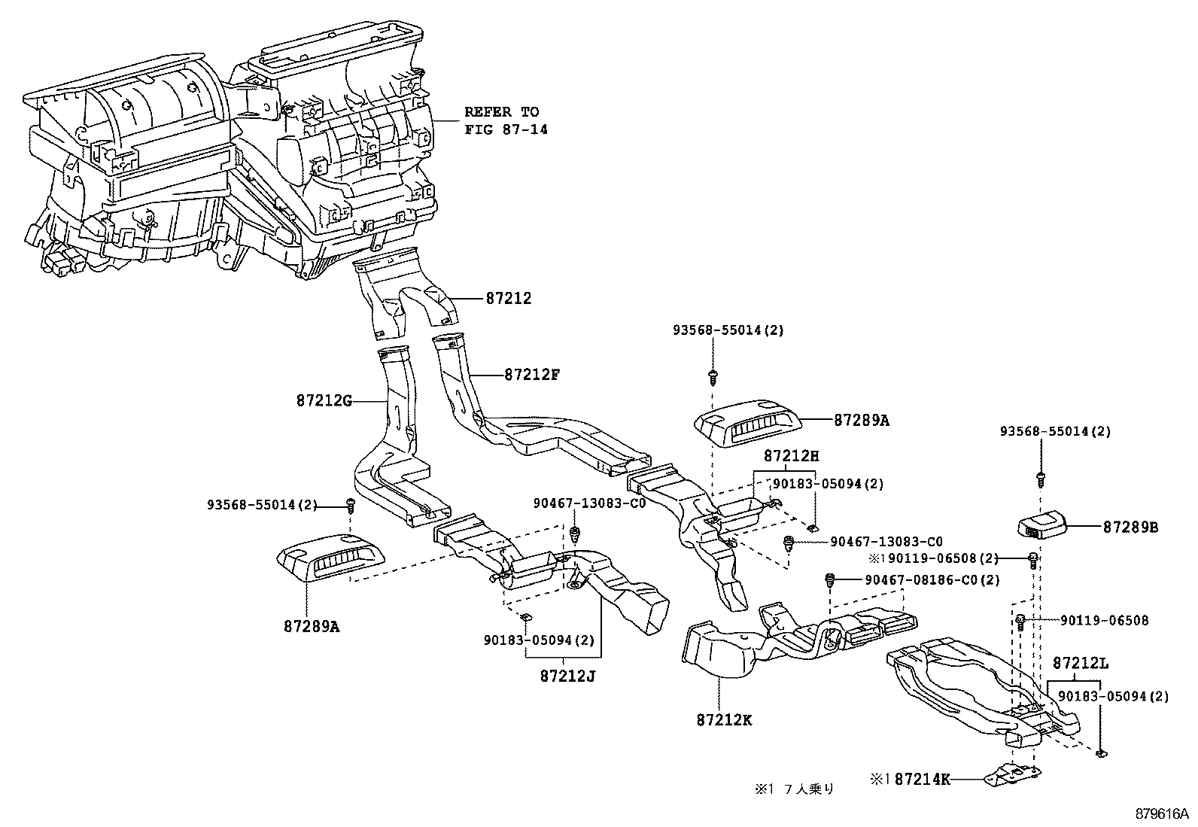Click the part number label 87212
tap(508, 299)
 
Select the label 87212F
tap(532, 374)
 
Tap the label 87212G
tap(324, 401)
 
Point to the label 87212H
tap(791, 455)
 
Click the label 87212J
tap(567, 675)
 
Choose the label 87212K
tap(724, 720)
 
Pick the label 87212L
tap(1081, 664)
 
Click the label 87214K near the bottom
tap(922, 780)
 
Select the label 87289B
tap(1130, 527)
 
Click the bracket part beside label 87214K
tap(1012, 776)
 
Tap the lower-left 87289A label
tap(312, 625)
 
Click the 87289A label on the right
tap(861, 421)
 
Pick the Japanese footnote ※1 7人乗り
tap(794, 789)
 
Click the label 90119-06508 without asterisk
tap(1104, 621)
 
